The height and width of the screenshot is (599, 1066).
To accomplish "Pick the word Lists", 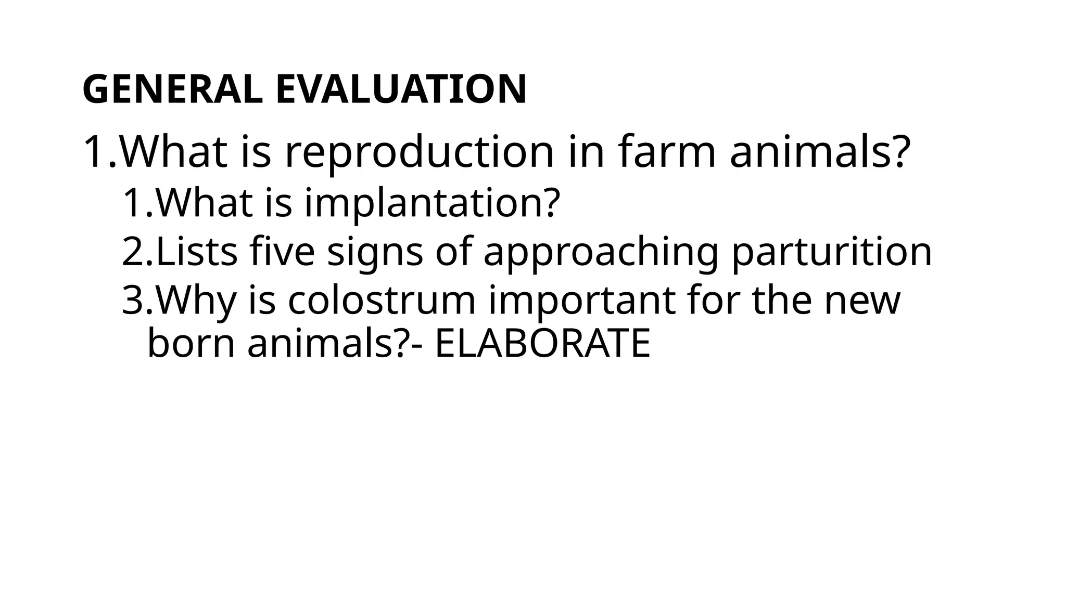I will coord(197,252).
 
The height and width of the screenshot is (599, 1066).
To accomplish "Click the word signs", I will coord(375,253).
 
